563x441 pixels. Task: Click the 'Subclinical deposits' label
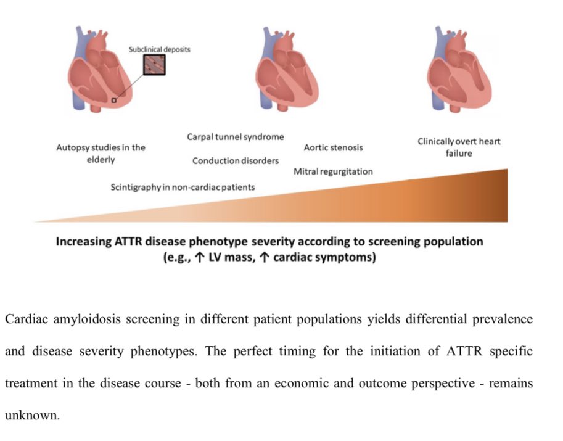click(159, 49)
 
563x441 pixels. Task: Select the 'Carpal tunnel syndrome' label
click(235, 137)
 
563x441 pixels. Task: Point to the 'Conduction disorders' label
click(235, 161)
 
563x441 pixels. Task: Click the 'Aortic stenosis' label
click(333, 147)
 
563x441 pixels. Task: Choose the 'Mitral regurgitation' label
click(333, 171)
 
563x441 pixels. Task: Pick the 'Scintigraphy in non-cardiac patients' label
click(183, 186)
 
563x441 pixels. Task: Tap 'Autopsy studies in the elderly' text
click(101, 154)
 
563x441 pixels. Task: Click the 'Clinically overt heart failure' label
click(459, 147)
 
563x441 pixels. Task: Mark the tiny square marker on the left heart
click(113, 100)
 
